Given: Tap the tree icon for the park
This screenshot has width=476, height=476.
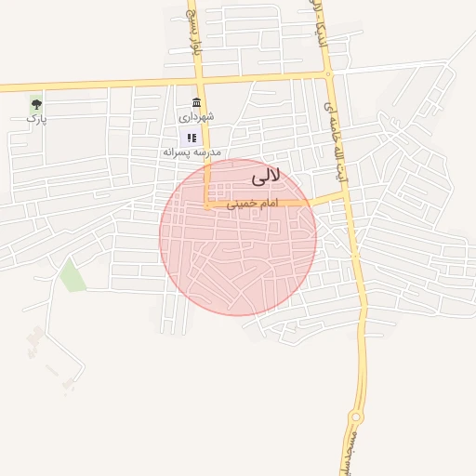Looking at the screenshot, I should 36,104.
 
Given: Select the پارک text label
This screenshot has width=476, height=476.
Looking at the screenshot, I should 36,118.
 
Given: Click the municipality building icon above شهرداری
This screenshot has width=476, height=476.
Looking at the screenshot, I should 195,101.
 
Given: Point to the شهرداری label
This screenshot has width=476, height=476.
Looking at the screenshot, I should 196,116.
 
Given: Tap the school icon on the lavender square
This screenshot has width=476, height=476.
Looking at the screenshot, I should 192,137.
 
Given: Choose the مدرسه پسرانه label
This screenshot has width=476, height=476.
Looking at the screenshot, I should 190,151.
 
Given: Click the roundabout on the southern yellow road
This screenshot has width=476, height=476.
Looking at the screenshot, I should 356,416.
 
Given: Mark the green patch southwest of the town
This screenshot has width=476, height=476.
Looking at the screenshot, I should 72,276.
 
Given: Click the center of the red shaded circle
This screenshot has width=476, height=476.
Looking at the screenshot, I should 238,237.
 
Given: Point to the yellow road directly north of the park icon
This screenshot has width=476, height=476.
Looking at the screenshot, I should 36,86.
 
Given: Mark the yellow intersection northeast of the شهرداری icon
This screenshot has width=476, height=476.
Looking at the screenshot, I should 326,73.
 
